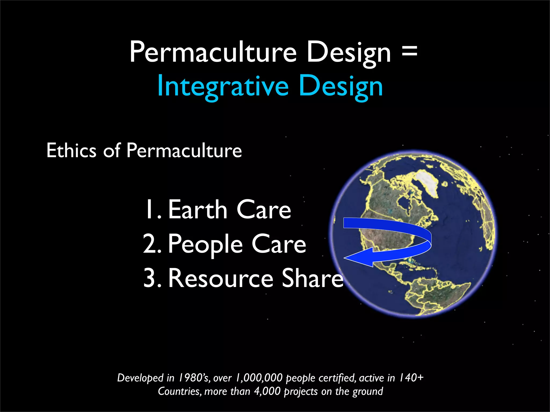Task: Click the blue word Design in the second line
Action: (341, 86)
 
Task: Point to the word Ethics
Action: (71, 150)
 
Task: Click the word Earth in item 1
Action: (198, 210)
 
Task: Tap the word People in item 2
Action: (205, 244)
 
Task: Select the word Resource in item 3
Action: (220, 278)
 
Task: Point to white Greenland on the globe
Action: (428, 182)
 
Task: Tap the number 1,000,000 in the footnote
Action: (259, 378)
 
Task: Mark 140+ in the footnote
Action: (411, 378)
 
